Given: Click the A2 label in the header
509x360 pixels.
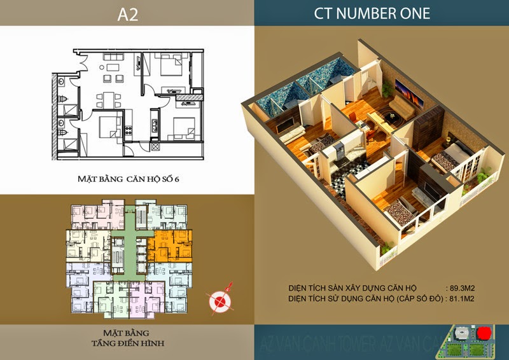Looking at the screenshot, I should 127,13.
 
